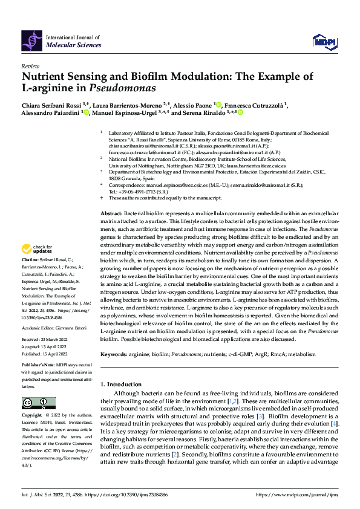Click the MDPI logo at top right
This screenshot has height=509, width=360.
click(324, 41)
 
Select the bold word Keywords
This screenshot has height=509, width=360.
click(113, 353)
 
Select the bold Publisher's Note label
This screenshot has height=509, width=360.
click(37, 366)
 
